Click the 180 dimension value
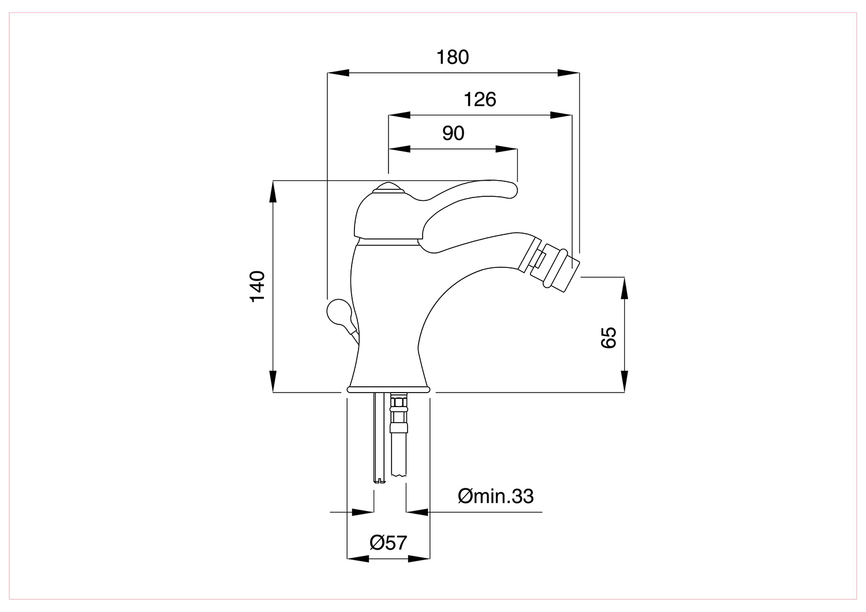pos(452,57)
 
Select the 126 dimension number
pos(480,99)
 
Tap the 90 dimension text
pos(453,133)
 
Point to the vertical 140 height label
pos(257,286)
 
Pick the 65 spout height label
pos(609,338)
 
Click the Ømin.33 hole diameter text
pos(495,496)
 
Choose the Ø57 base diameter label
pos(388,542)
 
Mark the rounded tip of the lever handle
pos(511,189)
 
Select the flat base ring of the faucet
pos(389,389)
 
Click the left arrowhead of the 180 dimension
pos(338,73)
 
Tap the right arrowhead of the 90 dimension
pos(506,149)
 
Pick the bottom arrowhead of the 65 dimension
pos(624,382)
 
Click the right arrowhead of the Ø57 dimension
pos(419,559)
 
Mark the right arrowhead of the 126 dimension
pos(561,115)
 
